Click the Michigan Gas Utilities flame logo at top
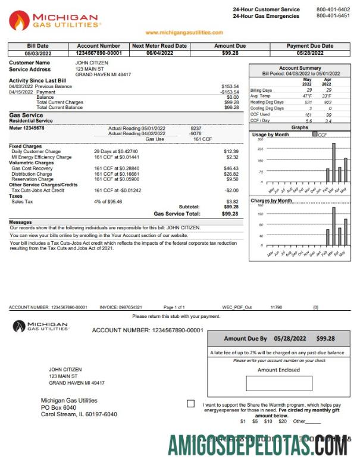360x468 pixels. [18, 21]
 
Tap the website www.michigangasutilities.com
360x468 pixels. [184, 33]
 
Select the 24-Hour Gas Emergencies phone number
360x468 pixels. [333, 16]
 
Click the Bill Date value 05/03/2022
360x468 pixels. [37, 53]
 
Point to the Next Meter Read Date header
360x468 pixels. [159, 46]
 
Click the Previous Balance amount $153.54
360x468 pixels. [230, 86]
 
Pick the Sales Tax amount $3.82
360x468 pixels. [232, 202]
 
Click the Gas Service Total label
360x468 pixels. [177, 213]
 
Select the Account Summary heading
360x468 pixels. [300, 68]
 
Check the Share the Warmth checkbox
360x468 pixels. [190, 404]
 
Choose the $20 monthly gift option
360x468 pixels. [282, 422]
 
